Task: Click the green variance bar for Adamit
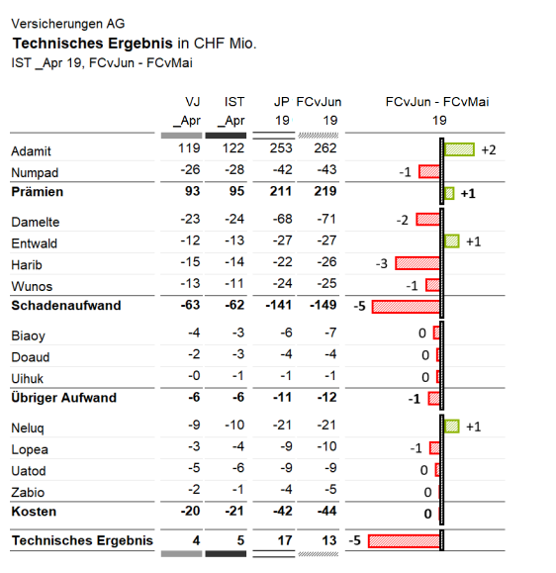pyautogui.click(x=459, y=149)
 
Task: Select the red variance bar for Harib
pyautogui.click(x=417, y=263)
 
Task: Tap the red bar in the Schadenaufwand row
pyautogui.click(x=406, y=307)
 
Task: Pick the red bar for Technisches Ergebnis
pyautogui.click(x=404, y=541)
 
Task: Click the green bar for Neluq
pyautogui.click(x=451, y=427)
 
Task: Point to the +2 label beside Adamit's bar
pyautogui.click(x=489, y=149)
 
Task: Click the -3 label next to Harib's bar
pyautogui.click(x=381, y=263)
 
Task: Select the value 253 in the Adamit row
pyautogui.click(x=281, y=148)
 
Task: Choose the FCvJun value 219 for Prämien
pyautogui.click(x=325, y=191)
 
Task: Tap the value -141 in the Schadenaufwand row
pyautogui.click(x=279, y=305)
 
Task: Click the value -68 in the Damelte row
pyautogui.click(x=282, y=219)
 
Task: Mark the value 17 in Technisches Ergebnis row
pyautogui.click(x=285, y=540)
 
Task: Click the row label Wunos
pyautogui.click(x=32, y=286)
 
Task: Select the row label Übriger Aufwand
pyautogui.click(x=64, y=397)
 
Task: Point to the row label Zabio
pyautogui.click(x=28, y=492)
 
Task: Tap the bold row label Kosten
pyautogui.click(x=34, y=512)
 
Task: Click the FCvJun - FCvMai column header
pyautogui.click(x=437, y=102)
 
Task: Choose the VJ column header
pyautogui.click(x=193, y=102)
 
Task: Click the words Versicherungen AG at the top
pyautogui.click(x=68, y=24)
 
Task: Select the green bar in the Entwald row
pyautogui.click(x=451, y=241)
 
